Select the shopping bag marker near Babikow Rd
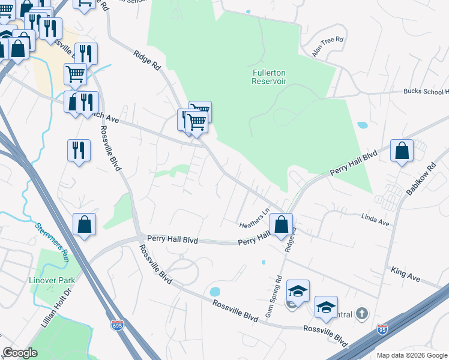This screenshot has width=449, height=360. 402,152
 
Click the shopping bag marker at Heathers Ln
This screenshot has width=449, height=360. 281,225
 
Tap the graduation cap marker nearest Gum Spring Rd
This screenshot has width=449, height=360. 297,292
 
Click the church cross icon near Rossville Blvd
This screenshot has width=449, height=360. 361,313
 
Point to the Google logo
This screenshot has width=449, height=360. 20,353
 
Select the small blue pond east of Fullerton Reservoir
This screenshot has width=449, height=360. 362,126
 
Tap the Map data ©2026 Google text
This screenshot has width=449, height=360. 411,355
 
